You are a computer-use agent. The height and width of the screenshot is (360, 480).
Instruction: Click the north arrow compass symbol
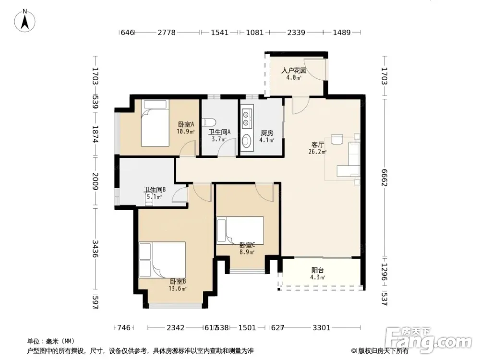25,21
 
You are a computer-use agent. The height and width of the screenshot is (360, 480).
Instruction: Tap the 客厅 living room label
317,144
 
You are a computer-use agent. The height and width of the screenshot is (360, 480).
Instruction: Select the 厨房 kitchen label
266,133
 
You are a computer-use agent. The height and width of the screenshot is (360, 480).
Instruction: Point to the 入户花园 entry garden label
294,71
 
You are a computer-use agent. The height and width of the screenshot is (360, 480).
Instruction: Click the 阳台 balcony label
317,270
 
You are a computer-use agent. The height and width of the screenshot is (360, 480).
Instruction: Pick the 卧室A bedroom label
186,125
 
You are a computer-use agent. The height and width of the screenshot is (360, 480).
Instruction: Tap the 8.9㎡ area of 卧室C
247,252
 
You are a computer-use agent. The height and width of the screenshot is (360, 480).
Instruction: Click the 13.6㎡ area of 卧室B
178,288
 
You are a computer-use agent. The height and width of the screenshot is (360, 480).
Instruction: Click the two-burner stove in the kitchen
247,119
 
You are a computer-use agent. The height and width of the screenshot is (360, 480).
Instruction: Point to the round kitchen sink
246,141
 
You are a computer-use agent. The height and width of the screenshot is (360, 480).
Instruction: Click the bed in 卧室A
155,123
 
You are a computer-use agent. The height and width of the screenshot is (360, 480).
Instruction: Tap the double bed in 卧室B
162,260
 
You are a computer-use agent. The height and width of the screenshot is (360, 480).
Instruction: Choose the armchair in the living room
337,139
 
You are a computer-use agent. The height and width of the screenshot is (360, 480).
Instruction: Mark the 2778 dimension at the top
167,32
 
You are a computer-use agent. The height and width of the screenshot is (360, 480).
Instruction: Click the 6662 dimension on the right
384,178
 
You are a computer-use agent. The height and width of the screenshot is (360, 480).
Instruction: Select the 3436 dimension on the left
95,249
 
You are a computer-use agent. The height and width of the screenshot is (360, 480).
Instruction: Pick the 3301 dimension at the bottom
322,328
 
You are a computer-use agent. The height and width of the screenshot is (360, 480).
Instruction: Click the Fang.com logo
429,338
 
